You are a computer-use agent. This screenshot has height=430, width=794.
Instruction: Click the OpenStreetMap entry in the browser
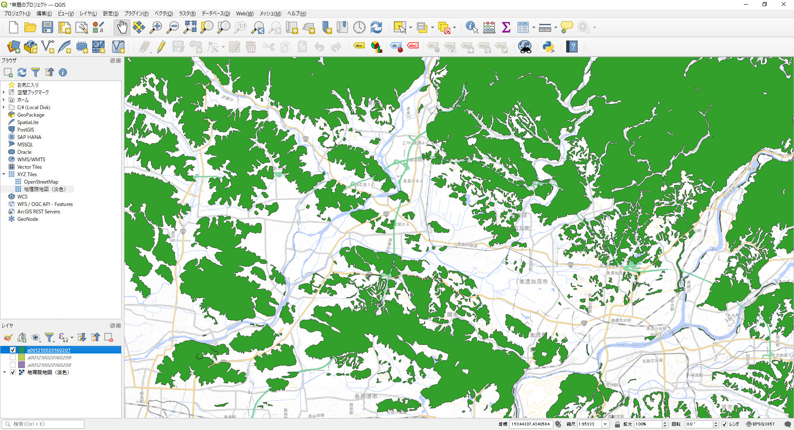point(41,182)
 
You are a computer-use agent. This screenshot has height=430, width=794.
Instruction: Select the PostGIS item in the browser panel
point(26,130)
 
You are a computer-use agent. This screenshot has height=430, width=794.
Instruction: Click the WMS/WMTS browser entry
point(31,160)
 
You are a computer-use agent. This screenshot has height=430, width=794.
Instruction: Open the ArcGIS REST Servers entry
point(38,212)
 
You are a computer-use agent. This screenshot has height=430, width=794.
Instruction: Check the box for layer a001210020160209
point(13,358)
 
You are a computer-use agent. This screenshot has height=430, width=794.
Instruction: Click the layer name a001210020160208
point(49,365)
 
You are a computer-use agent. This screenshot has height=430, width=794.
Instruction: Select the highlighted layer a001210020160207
point(49,350)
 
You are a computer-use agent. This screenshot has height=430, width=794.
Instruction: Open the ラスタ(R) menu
point(187,14)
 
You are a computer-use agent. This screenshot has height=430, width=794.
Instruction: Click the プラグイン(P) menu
point(136,14)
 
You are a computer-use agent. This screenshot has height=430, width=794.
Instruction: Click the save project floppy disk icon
point(48,28)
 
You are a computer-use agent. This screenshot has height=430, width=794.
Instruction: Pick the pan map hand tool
point(122,28)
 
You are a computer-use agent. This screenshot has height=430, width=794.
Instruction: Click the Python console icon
point(548,47)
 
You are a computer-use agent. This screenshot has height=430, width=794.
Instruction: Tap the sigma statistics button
point(506,28)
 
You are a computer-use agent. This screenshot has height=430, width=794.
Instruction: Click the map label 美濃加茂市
point(533,282)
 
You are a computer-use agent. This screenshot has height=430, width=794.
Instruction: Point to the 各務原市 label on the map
point(366,396)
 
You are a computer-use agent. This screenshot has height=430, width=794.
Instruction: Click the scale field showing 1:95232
point(589,424)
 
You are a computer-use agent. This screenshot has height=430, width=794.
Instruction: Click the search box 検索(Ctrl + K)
point(43,424)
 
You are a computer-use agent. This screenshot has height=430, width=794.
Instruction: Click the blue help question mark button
point(572,47)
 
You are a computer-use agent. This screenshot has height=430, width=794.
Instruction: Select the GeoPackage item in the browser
point(31,115)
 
